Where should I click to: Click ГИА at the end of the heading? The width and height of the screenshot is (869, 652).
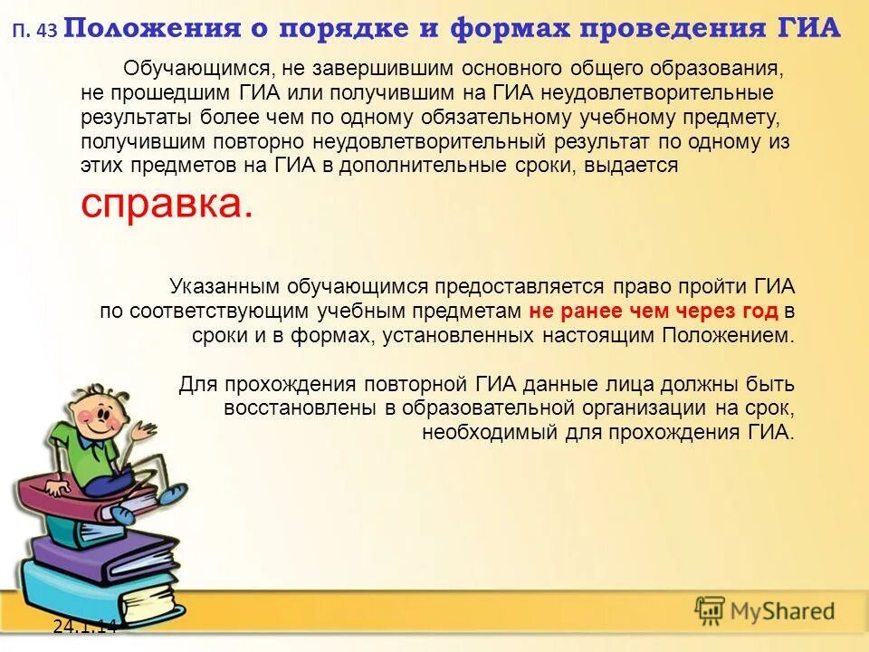point(809,29)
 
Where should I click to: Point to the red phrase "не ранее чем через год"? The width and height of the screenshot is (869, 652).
point(654,312)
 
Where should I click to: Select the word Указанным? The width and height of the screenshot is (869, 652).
point(223,287)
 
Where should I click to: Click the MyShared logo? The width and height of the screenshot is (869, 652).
point(764,611)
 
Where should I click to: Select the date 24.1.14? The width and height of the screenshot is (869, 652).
point(84,625)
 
